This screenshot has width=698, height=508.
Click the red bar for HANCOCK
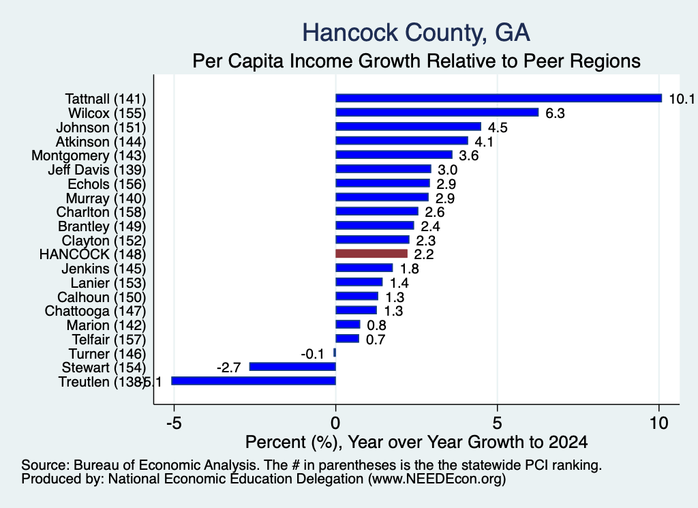coord(371,254)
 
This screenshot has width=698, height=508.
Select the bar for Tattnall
coord(498,98)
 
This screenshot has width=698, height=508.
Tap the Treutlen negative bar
coord(254,380)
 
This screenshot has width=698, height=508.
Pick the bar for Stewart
coord(292,366)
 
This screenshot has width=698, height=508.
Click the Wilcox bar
coord(437,113)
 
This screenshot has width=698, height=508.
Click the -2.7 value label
coord(229,368)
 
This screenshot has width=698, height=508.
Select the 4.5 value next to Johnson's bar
coord(498,128)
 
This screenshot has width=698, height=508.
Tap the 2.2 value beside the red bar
coord(424,254)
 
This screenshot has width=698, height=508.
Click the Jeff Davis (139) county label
coord(97,170)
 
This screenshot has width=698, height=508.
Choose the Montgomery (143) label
coord(89,155)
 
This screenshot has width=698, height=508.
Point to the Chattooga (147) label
coord(95,311)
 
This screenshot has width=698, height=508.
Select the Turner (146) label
coord(107,353)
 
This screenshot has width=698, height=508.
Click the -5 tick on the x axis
coord(174,423)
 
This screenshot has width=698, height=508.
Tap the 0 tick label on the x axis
coord(335,423)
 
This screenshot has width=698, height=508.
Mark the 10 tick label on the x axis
coord(658,423)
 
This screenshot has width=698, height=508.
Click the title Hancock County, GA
coord(416,33)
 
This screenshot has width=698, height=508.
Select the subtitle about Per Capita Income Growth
coord(416,61)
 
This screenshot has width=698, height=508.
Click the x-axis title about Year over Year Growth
coord(416,442)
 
